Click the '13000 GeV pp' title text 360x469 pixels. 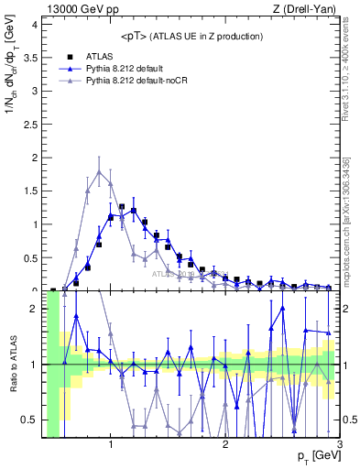83,9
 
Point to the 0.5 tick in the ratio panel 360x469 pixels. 28,420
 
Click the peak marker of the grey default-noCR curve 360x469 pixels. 99,170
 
